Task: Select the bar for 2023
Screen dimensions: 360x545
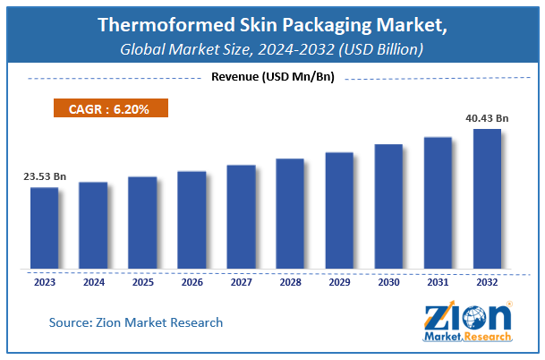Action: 45,227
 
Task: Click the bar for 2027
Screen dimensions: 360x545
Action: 241,216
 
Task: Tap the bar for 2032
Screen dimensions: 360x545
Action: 486,198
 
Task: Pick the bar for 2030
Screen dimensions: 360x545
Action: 388,205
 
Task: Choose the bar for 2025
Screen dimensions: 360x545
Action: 142,221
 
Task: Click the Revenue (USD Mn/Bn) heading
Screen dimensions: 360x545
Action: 272,77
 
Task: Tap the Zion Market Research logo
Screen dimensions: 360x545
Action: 467,320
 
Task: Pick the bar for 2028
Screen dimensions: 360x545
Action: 290,213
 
